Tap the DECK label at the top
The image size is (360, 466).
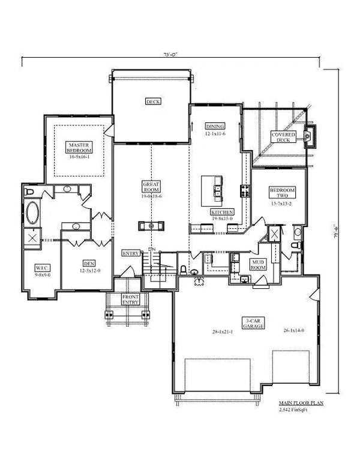[151, 101]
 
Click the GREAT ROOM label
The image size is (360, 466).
[151, 186]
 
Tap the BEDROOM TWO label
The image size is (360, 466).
[278, 193]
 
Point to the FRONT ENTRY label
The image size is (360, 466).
[130, 300]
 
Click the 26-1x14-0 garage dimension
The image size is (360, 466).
[295, 330]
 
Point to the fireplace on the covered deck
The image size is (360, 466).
[310, 137]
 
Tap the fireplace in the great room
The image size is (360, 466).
[151, 226]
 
